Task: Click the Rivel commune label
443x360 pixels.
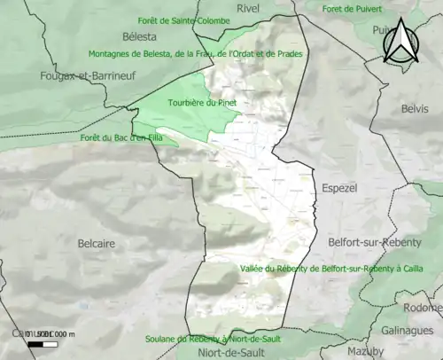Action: point(248,8)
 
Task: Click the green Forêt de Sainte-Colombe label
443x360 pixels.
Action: point(183,20)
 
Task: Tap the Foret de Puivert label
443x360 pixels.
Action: point(352,9)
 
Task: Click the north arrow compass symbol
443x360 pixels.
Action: point(401,43)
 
